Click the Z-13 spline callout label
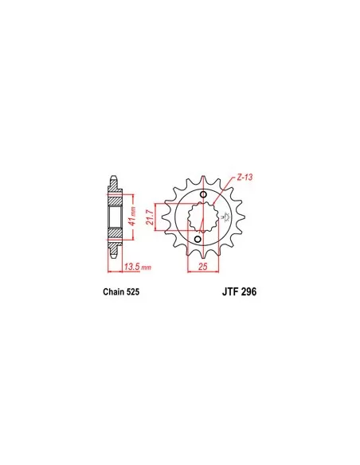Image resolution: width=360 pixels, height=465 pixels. tap(245, 178)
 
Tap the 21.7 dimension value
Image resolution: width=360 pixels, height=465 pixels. tap(151, 217)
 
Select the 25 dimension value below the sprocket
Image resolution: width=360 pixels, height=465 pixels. tap(203, 266)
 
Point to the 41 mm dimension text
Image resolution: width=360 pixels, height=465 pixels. tap(132, 216)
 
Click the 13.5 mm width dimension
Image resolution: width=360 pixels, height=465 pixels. tap(138, 267)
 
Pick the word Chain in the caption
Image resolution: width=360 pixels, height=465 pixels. tap(114, 291)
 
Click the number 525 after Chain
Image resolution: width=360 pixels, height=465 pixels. tap(133, 291)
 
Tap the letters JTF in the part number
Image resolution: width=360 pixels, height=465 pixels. tap(230, 291)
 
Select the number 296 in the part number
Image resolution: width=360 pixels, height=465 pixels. tap(249, 291)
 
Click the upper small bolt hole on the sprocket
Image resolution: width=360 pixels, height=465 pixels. tap(203, 194)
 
